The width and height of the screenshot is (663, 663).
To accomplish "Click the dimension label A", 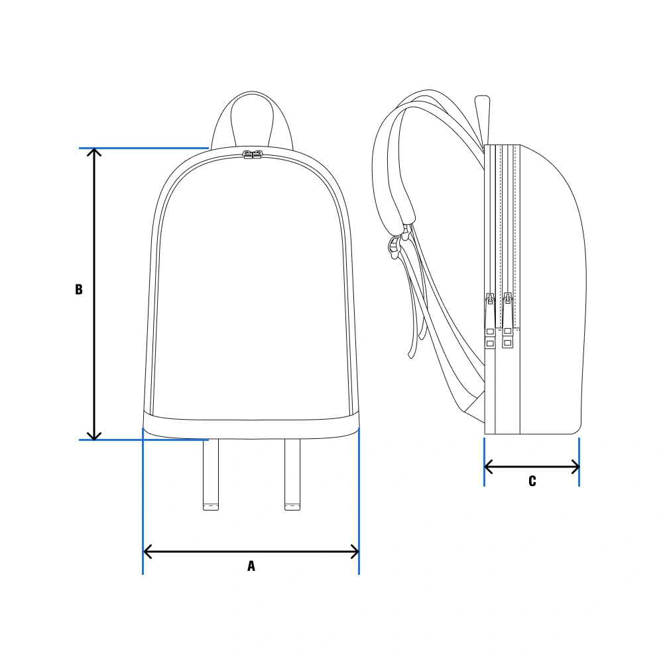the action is [x=251, y=566].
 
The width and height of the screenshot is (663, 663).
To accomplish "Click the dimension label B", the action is [x=79, y=289].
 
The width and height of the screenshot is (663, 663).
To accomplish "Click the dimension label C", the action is [x=532, y=481].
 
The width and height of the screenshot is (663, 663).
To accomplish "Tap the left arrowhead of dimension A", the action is [x=147, y=552].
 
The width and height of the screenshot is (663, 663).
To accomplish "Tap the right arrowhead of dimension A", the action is [x=355, y=552].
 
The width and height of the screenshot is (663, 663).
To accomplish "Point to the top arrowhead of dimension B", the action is [x=94, y=152].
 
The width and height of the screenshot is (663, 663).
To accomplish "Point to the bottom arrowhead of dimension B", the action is [x=94, y=436].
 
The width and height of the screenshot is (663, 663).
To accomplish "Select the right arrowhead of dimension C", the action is [x=575, y=467].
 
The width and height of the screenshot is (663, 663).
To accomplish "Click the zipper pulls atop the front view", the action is [x=253, y=154].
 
